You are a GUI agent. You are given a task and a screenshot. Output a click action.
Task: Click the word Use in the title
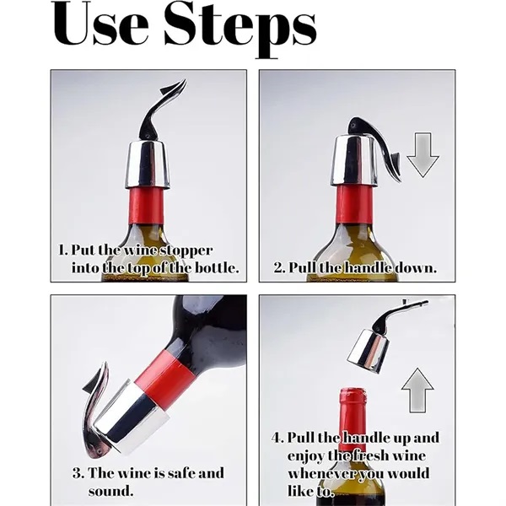[100, 25]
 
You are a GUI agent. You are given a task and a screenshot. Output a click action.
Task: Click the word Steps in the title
[240, 30]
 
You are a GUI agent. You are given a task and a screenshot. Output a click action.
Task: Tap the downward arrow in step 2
[423, 155]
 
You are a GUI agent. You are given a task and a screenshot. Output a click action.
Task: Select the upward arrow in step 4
[417, 390]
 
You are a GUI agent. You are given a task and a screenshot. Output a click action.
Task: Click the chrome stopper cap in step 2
[354, 161]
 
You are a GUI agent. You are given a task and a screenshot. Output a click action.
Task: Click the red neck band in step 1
[147, 206]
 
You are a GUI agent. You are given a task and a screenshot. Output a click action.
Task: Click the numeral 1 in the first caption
[62, 250]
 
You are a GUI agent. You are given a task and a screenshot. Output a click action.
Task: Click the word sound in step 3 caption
[110, 491]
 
